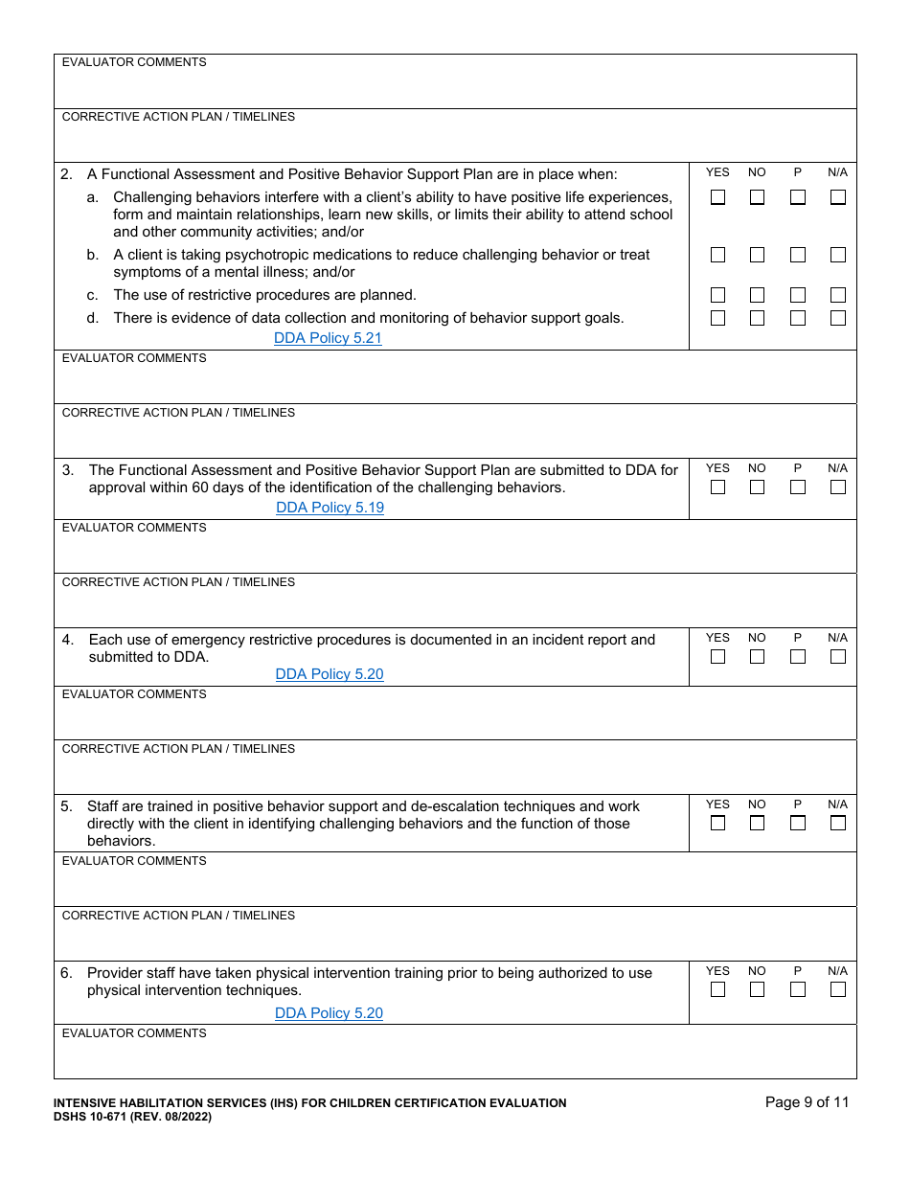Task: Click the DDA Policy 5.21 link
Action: point(328,338)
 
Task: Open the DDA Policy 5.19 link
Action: point(330,508)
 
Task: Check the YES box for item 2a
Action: point(717,197)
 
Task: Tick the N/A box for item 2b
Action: point(838,255)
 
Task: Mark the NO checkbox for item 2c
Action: point(757,295)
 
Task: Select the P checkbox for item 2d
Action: point(798,318)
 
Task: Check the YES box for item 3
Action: point(717,487)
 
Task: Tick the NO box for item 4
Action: point(757,657)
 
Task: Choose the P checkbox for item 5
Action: point(798,823)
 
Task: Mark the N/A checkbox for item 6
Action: point(838,989)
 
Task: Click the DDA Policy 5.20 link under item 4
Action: point(330,674)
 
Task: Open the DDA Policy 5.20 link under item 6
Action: point(329,1013)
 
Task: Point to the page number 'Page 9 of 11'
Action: point(807,1102)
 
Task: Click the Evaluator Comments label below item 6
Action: point(134,1033)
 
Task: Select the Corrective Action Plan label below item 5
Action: point(178,916)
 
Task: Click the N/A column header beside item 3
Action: point(838,468)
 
